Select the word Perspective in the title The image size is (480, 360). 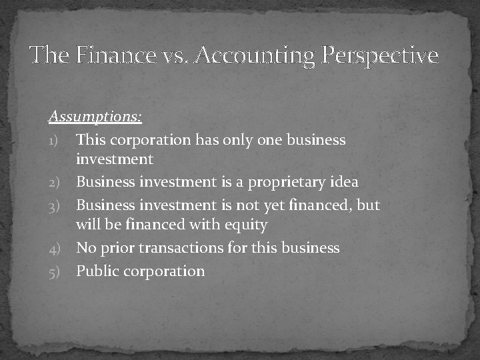pyautogui.click(x=379, y=55)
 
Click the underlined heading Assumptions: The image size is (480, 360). pyautogui.click(x=95, y=117)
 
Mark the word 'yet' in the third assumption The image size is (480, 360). pyautogui.click(x=265, y=205)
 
